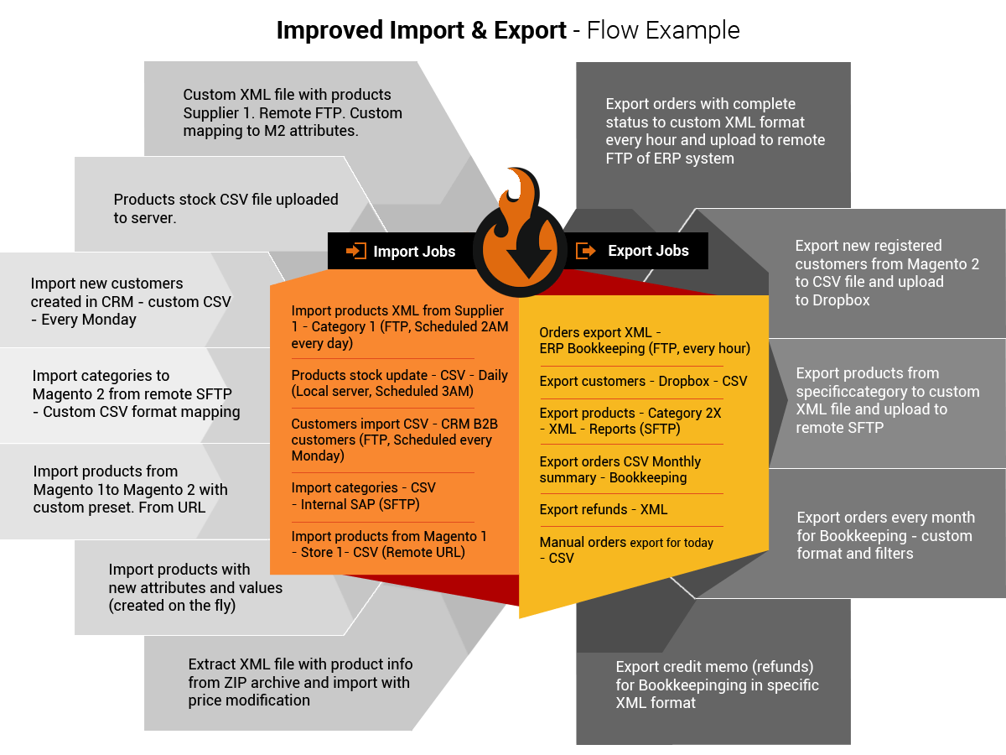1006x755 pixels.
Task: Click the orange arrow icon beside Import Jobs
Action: [x=356, y=251]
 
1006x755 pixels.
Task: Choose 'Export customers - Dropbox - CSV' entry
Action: [x=642, y=381]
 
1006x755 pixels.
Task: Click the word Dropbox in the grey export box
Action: [x=833, y=299]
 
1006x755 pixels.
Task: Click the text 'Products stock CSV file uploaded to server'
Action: [x=226, y=208]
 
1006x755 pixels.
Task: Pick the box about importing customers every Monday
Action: [x=130, y=301]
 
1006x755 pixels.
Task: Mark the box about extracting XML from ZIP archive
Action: [x=299, y=681]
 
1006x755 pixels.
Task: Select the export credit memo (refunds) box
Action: [x=716, y=684]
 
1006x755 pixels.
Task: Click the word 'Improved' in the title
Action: [x=330, y=31]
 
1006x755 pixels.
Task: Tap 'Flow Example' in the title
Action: [x=662, y=31]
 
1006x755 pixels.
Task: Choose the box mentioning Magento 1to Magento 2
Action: [x=130, y=489]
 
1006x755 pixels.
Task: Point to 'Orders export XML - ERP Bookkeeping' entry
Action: [x=644, y=341]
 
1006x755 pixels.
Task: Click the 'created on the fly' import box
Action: [x=195, y=587]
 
